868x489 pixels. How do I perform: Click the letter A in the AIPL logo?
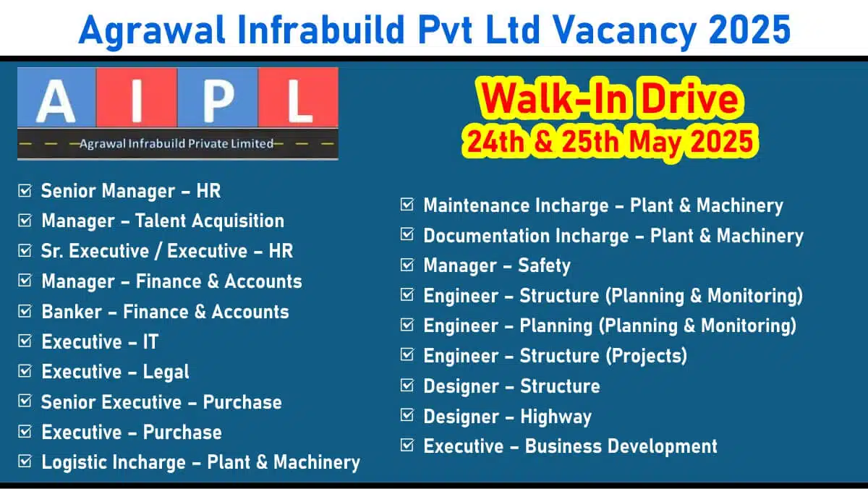tap(56, 101)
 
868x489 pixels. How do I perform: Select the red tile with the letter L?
tap(298, 97)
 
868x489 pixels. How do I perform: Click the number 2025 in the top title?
tap(749, 30)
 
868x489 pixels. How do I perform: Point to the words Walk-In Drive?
tap(610, 99)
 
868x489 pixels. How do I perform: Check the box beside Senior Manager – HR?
tap(25, 190)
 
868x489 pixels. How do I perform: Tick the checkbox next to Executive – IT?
tap(25, 341)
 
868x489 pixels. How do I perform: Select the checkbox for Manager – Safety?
tap(407, 265)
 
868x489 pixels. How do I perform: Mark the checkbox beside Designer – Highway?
tap(407, 415)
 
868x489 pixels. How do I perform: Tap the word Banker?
tap(72, 312)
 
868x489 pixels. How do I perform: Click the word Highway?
tap(556, 417)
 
